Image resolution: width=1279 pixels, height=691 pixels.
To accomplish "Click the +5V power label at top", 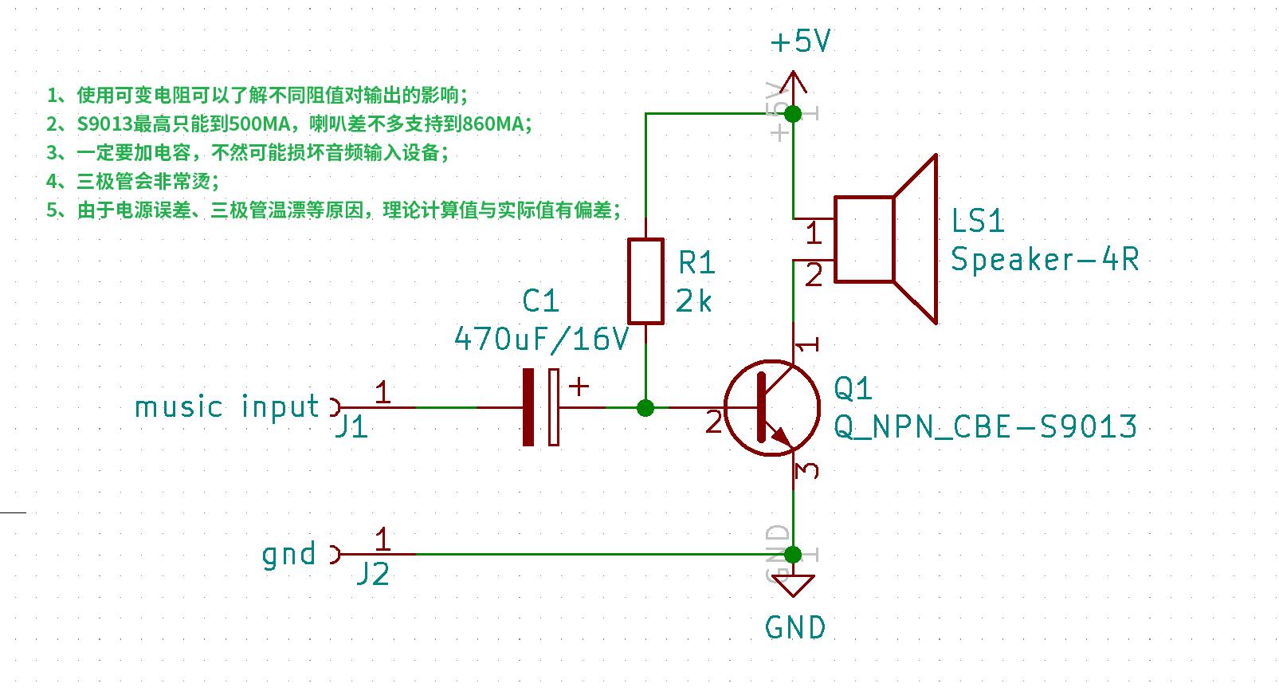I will click(x=800, y=41).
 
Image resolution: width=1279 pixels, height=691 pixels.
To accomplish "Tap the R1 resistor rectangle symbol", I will click(x=645, y=281).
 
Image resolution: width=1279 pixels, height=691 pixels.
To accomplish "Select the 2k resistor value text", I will click(x=693, y=301).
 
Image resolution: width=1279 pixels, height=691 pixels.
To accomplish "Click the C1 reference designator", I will click(x=540, y=301).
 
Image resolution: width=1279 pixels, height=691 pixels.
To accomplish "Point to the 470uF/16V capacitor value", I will click(x=541, y=340).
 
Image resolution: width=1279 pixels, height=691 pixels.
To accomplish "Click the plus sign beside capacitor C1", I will click(x=579, y=387).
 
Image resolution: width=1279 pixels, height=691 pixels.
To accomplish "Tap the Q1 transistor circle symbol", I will click(x=771, y=408).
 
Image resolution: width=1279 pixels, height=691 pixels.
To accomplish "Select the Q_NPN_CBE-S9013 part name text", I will click(x=985, y=426).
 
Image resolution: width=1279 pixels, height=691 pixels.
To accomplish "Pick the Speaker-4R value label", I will click(x=1044, y=259).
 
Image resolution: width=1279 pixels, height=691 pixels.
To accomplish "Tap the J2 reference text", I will click(x=371, y=574).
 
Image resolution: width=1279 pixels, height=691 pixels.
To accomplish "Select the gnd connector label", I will click(x=288, y=554).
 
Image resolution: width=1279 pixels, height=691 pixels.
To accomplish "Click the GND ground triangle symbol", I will click(x=793, y=587).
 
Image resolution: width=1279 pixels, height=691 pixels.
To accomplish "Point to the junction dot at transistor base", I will click(x=645, y=408).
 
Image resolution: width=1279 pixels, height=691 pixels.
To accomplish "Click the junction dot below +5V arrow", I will click(x=793, y=114).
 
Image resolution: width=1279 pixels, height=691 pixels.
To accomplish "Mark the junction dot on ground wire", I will click(x=793, y=554).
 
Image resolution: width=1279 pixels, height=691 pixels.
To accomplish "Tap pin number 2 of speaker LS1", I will click(x=814, y=276).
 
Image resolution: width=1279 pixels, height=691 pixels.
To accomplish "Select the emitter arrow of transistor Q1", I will click(x=781, y=438).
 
